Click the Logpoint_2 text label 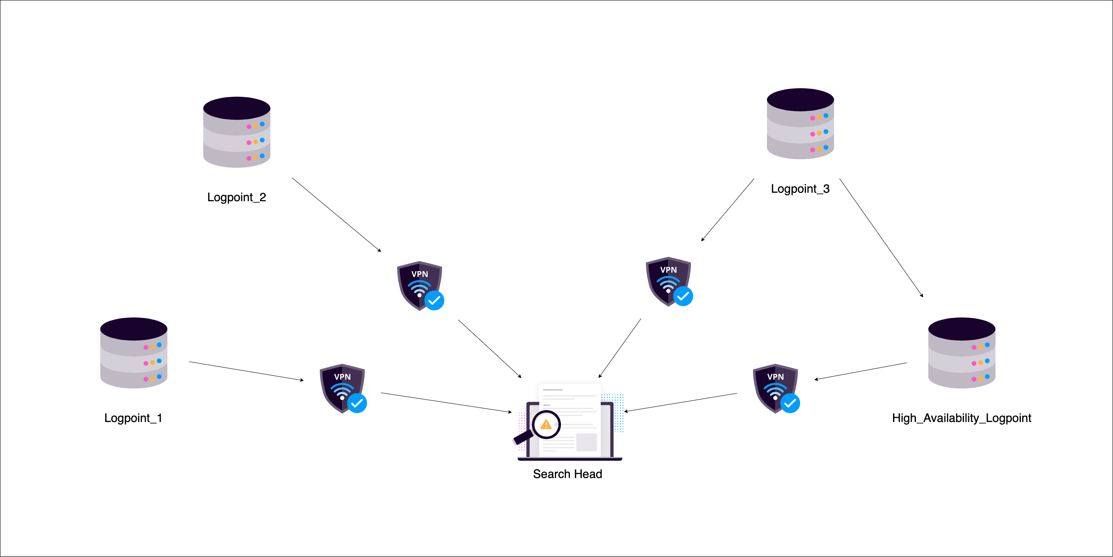coord(237,197)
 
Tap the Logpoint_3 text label coord(800,189)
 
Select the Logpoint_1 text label coord(133,418)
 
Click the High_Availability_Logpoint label coord(961,418)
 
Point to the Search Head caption coord(567,474)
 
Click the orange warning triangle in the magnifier coord(546,425)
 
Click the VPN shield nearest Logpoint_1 coord(342,388)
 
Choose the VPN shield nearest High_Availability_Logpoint coord(775,388)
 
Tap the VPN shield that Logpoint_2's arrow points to coord(420,285)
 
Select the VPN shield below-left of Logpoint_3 coord(668,281)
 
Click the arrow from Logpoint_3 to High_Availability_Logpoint coord(881,238)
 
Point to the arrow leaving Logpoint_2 coord(336,214)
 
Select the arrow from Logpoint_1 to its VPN coord(246,371)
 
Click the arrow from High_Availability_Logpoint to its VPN coord(861,371)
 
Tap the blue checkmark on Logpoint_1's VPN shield coord(357,403)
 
